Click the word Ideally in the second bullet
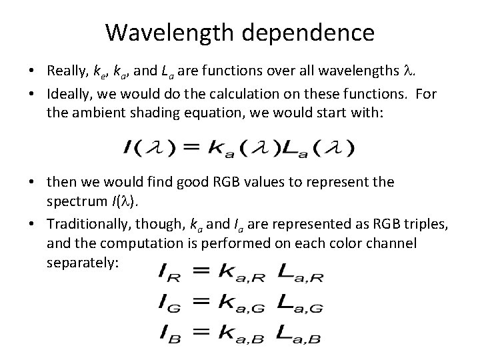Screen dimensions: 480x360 click(x=69, y=93)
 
